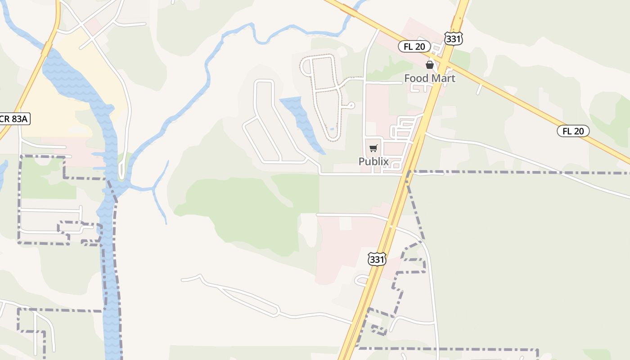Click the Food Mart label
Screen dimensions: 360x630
(x=429, y=78)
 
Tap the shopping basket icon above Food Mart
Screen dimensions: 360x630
(x=430, y=65)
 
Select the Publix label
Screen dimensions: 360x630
(x=373, y=161)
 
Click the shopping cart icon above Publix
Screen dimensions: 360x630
(x=373, y=148)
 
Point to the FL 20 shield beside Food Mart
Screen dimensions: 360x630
(x=414, y=46)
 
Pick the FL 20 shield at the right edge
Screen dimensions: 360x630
(x=573, y=131)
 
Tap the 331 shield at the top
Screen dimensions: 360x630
(x=453, y=39)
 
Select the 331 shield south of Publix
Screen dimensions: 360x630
(x=377, y=259)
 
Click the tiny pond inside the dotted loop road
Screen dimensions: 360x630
(x=332, y=129)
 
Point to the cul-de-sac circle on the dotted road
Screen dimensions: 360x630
(x=351, y=105)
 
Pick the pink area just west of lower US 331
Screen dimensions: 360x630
(x=342, y=252)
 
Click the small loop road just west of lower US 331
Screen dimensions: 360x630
(x=361, y=281)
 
